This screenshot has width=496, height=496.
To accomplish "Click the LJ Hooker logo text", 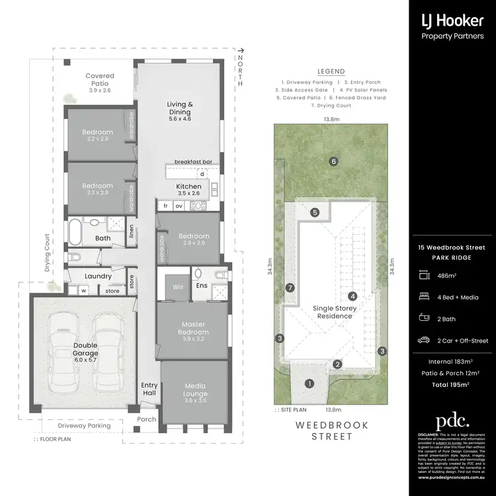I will (452, 21).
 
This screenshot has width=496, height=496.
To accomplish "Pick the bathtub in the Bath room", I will (74, 233).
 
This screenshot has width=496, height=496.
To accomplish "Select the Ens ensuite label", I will (202, 286).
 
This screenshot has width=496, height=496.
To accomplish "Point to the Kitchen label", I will (188, 186).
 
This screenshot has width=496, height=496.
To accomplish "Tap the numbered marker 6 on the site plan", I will (334, 161).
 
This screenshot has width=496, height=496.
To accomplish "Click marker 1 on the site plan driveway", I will (310, 383).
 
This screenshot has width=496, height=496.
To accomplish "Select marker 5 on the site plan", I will (315, 212).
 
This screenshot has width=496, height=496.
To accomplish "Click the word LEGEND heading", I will (331, 71).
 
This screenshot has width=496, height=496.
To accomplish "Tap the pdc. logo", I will (452, 421).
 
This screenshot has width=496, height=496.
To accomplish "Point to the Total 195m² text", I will (452, 384).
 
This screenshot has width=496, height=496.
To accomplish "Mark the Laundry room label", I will (98, 276).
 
